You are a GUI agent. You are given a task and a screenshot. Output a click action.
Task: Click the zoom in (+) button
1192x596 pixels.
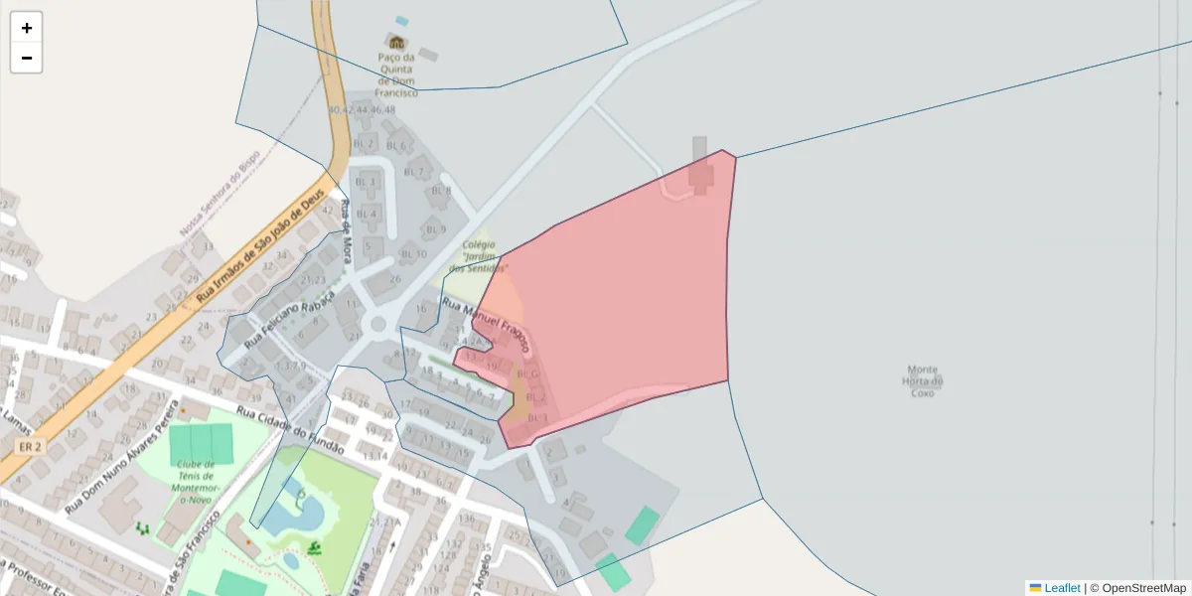27,28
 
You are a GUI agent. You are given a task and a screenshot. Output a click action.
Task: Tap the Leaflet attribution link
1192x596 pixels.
1061,588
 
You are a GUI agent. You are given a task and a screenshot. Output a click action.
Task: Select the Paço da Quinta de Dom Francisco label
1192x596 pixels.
395,74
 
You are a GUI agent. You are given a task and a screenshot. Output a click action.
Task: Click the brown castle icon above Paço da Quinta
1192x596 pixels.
396,42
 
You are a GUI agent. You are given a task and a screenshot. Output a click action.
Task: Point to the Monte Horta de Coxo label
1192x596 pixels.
922,380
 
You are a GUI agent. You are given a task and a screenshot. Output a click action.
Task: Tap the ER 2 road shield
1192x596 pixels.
31,448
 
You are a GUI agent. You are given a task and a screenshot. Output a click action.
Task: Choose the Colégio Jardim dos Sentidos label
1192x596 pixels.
479,255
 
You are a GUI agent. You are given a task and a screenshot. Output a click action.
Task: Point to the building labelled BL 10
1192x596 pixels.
414,254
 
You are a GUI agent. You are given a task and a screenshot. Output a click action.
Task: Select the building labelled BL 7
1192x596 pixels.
414,172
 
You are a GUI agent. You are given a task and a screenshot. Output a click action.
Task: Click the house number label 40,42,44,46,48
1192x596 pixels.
362,110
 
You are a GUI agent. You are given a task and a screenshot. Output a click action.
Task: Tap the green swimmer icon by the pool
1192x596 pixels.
315,547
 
